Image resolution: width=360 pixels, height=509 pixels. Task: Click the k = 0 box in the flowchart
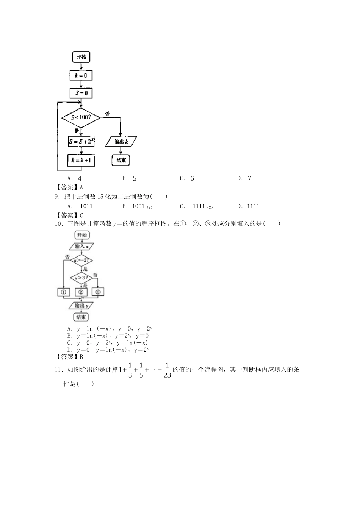(x=81, y=76)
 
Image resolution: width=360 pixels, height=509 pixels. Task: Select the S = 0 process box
(x=81, y=93)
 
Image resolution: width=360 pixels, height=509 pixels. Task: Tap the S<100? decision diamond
(x=81, y=117)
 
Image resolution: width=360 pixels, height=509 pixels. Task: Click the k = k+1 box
(x=81, y=160)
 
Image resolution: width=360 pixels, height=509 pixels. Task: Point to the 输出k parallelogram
(x=121, y=142)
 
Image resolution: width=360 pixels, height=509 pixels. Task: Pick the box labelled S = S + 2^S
(x=81, y=142)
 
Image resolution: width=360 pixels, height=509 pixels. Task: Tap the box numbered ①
(x=63, y=292)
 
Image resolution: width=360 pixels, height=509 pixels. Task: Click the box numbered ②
(x=81, y=292)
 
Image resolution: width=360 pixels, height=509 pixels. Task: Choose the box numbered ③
(x=98, y=292)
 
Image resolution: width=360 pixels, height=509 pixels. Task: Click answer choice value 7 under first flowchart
(x=249, y=178)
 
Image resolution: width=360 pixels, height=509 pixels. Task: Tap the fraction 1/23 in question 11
(x=167, y=370)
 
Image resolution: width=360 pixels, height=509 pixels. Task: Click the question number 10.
(x=58, y=224)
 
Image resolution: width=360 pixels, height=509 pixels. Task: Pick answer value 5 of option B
(x=135, y=178)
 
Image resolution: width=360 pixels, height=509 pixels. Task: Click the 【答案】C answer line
(x=68, y=215)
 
